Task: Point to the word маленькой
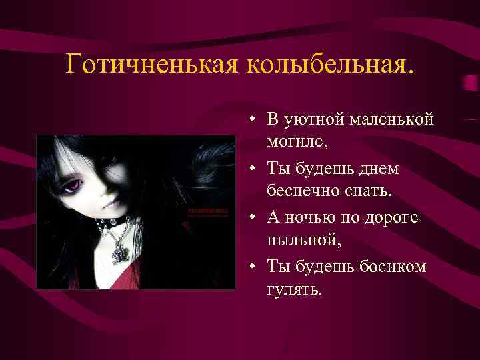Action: (x=392, y=119)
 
